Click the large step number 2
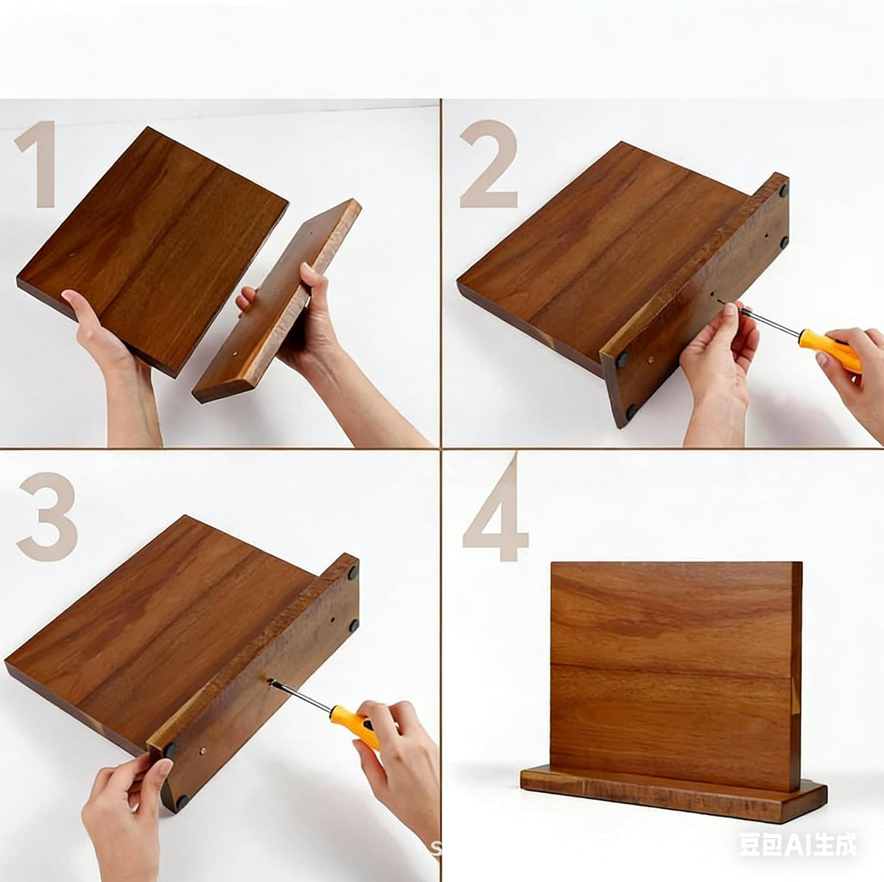(488, 163)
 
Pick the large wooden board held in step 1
(152, 250)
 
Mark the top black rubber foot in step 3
(352, 572)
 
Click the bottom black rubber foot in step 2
(631, 412)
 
